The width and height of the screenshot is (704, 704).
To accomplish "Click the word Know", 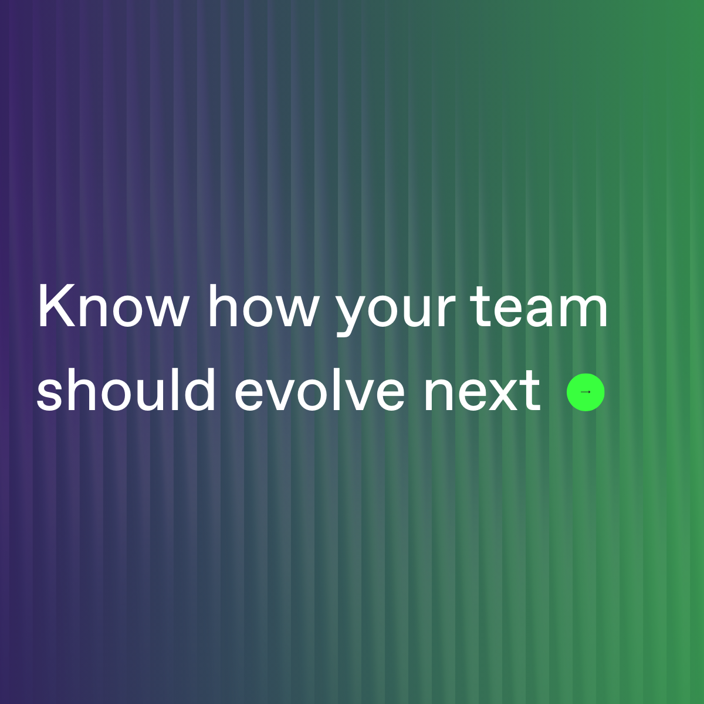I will point(113,307).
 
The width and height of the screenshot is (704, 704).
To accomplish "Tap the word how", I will point(263,307).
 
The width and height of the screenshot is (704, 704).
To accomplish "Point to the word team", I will point(540,307).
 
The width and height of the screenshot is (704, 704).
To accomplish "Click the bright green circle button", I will point(585,392).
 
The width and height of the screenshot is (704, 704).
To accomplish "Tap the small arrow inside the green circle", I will point(585,392).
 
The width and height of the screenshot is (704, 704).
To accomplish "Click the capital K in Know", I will point(52,307).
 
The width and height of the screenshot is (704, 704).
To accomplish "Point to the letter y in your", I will point(351,314).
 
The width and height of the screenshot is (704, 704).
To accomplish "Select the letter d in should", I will point(201,389).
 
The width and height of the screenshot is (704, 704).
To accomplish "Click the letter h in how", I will point(222,307).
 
